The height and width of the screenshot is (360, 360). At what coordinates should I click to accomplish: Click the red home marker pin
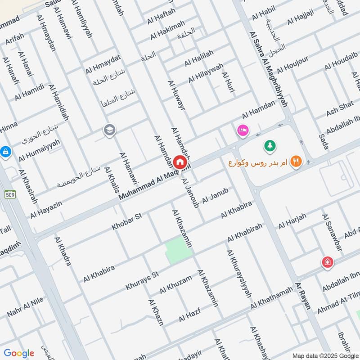179,162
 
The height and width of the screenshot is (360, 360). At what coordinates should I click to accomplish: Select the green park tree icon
270,145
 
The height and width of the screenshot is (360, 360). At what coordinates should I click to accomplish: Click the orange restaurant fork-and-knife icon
296,161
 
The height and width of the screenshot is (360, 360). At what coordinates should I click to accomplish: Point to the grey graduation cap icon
109,130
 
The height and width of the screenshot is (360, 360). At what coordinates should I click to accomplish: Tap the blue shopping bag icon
5,151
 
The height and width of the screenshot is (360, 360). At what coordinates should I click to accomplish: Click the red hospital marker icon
327,262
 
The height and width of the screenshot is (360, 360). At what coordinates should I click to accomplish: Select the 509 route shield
10,194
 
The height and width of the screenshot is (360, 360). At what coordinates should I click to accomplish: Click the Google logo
19,353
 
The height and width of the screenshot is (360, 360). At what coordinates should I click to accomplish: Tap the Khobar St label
127,221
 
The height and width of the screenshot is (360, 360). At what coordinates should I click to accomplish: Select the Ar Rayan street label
303,296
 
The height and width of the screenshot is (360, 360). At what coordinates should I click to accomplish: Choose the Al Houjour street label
292,64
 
